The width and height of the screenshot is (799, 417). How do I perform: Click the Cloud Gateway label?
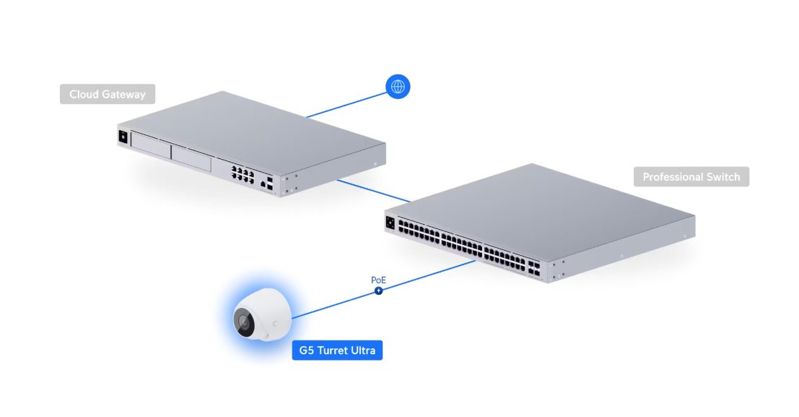pyautogui.click(x=107, y=94)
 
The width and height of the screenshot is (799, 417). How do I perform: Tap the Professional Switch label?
pyautogui.click(x=691, y=176)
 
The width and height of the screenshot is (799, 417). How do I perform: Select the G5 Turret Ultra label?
pyautogui.click(x=337, y=351)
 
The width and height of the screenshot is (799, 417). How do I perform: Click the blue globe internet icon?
pyautogui.click(x=397, y=87)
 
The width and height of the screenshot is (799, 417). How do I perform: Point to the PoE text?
pyautogui.click(x=379, y=280)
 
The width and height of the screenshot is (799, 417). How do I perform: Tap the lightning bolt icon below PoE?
pyautogui.click(x=378, y=291)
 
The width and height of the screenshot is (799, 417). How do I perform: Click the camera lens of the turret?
pyautogui.click(x=244, y=322)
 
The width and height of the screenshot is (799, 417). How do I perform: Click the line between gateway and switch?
pyautogui.click(x=372, y=191)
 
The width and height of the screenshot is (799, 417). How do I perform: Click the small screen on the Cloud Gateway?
pyautogui.click(x=123, y=137)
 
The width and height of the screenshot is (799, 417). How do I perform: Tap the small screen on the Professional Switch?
pyautogui.click(x=390, y=222)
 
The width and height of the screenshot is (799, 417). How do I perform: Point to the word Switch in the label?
pyautogui.click(x=722, y=176)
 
